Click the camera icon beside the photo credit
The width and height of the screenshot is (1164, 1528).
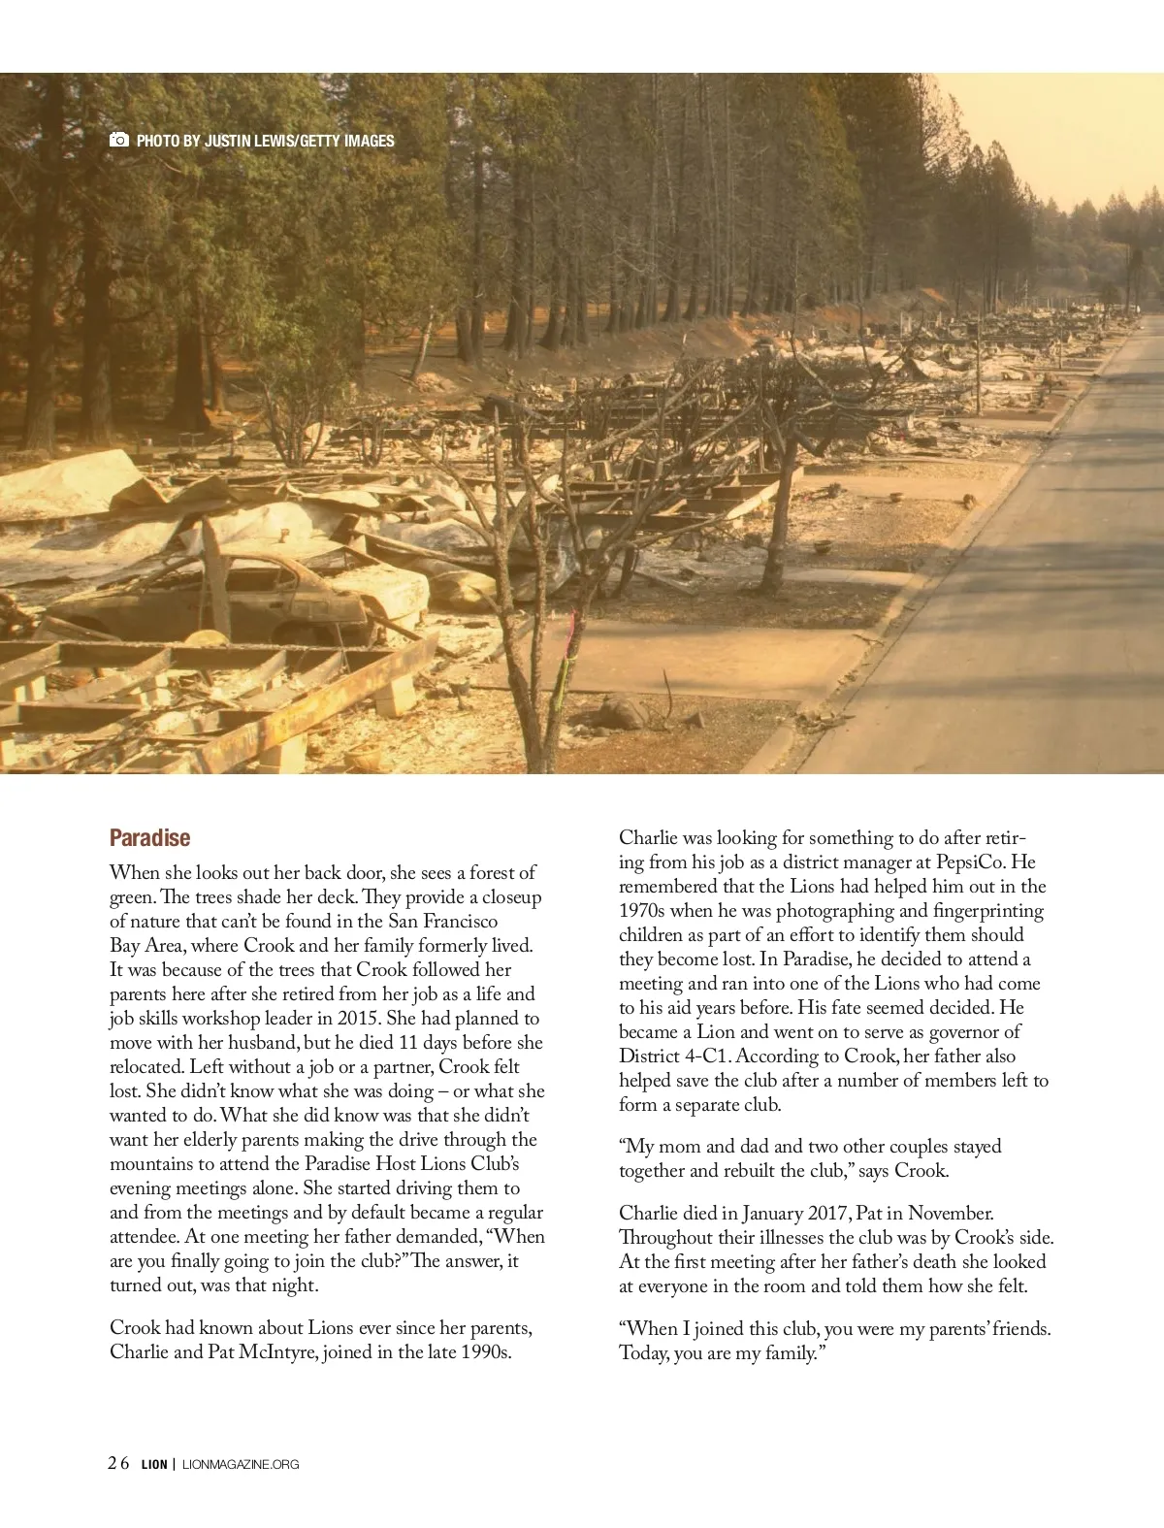tap(118, 140)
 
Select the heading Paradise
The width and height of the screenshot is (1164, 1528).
tap(149, 838)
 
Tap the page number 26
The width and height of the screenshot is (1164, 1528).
tap(118, 1463)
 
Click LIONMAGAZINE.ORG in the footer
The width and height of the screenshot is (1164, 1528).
tap(241, 1464)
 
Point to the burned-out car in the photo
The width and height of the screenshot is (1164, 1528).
tap(242, 592)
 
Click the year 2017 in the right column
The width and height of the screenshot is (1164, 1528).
tap(827, 1213)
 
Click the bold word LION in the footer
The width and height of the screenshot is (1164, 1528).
tap(154, 1464)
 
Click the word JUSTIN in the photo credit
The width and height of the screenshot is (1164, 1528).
tap(226, 141)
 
